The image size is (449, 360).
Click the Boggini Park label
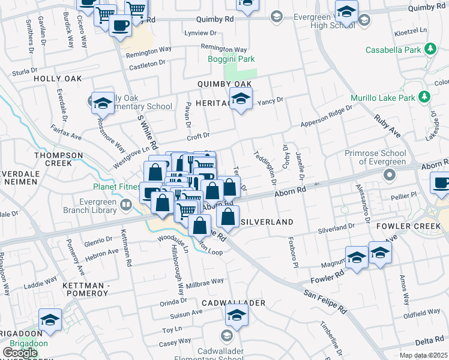pyautogui.click(x=240, y=59)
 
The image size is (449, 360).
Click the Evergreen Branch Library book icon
pyautogui.click(x=126, y=205)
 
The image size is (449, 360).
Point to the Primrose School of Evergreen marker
pyautogui.click(x=390, y=175)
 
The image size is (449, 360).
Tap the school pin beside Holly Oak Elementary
pyautogui.click(x=103, y=103)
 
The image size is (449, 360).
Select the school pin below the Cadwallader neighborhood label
pyautogui.click(x=237, y=315)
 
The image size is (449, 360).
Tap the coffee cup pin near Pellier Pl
pyautogui.click(x=441, y=182)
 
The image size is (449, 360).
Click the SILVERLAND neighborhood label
pyautogui.click(x=267, y=222)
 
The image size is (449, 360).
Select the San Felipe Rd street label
pyautogui.click(x=325, y=302)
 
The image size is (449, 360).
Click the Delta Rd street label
pyautogui.click(x=429, y=341)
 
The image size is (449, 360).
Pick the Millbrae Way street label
pyautogui.click(x=205, y=281)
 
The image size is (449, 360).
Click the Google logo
pyautogui.click(x=20, y=352)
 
